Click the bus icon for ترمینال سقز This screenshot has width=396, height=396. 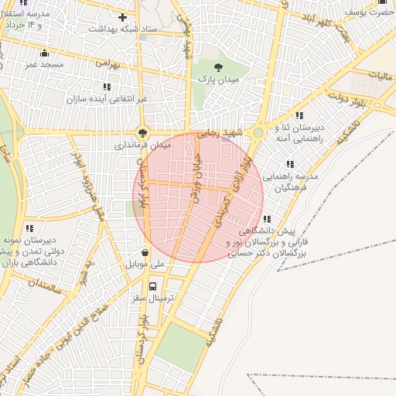(x=152, y=285)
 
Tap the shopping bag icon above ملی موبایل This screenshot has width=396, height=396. (x=145, y=251)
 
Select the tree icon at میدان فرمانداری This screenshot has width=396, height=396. (x=142, y=131)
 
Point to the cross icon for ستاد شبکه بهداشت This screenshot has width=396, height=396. (x=121, y=17)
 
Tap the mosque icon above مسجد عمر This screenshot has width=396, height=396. (x=44, y=53)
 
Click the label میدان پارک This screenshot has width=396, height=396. (x=217, y=79)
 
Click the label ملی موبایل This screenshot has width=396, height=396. (x=145, y=264)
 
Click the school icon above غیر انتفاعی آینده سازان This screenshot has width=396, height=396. (x=106, y=87)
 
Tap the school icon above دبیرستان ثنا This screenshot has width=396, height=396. (x=299, y=115)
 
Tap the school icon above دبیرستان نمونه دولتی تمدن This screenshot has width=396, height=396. (x=29, y=228)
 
